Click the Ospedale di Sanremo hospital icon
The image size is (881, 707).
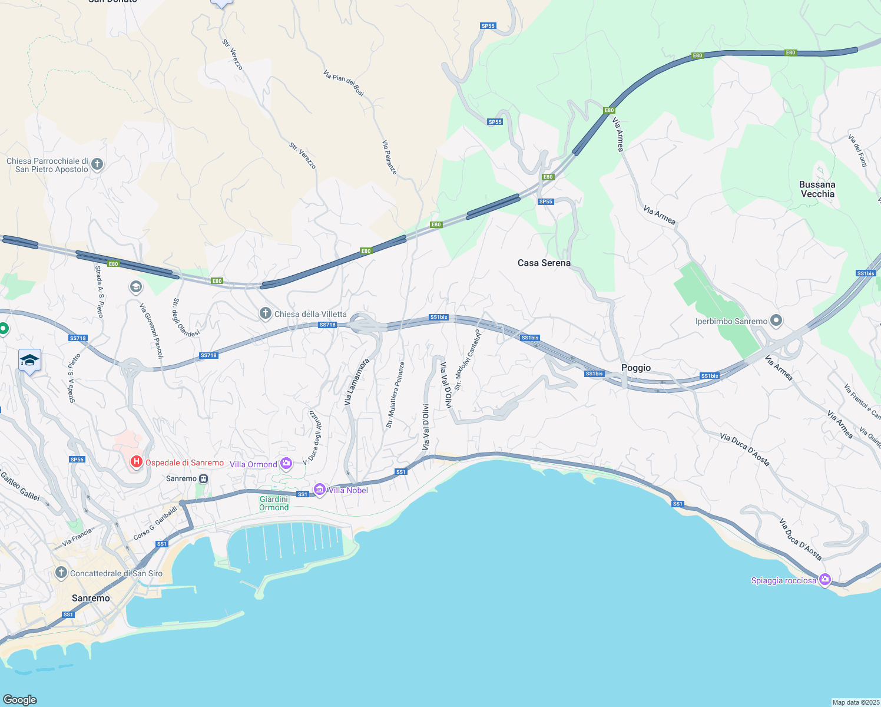tap(136, 462)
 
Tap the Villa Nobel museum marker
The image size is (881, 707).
tap(320, 490)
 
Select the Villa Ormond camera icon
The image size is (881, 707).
tap(286, 464)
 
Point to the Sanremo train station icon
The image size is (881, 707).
tap(203, 478)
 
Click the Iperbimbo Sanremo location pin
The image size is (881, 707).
tap(776, 321)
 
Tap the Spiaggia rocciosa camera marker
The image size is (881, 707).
tap(824, 580)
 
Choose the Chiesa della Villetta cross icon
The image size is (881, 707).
tap(266, 313)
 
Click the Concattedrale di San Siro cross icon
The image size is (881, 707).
tap(61, 573)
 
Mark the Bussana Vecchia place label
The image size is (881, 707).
tap(817, 189)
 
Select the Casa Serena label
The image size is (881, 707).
tap(544, 263)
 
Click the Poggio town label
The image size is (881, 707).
tap(636, 368)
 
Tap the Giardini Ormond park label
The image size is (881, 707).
tap(274, 503)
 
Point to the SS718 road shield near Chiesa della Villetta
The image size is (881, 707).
tap(327, 325)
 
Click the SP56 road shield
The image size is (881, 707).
tap(77, 460)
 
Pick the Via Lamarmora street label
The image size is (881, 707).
tap(356, 381)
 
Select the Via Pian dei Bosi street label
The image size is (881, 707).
tap(344, 82)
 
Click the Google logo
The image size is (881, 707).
tap(20, 699)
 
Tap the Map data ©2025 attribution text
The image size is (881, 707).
tap(855, 702)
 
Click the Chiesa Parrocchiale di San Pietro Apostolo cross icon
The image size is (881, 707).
tap(97, 164)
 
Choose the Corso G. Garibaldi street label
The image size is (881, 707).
tap(155, 523)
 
